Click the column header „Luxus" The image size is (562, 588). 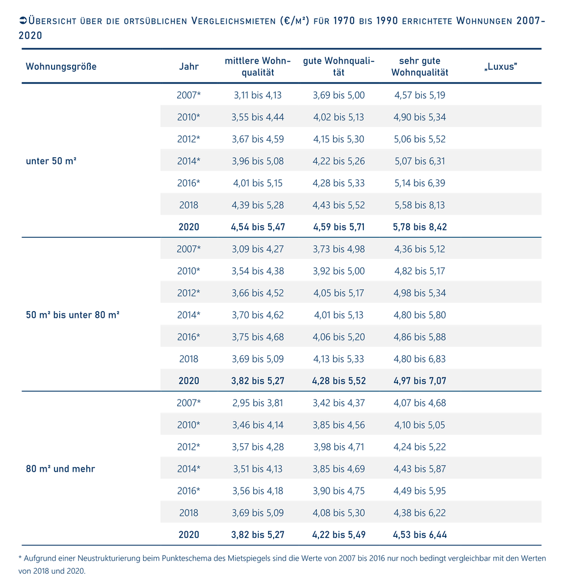[x=501, y=66]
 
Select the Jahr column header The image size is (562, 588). [x=188, y=66]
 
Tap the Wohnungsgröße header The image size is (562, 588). [x=61, y=66]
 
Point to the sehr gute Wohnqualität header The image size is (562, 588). [x=420, y=66]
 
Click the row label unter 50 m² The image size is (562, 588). [x=51, y=161]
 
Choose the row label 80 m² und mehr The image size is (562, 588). [x=60, y=469]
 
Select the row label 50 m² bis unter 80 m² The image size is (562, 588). [x=73, y=314]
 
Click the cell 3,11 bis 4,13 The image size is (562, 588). [x=258, y=95]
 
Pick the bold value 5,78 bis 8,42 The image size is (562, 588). [x=420, y=227]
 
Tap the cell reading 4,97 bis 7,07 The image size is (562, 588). [x=420, y=381]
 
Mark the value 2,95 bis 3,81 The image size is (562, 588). [x=258, y=403]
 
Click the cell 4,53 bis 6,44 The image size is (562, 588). [x=420, y=535]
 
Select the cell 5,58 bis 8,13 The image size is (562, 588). [x=420, y=205]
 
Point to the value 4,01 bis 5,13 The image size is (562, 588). [x=339, y=315]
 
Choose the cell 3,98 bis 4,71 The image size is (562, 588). [x=339, y=447]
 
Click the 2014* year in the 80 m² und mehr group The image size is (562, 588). [x=188, y=469]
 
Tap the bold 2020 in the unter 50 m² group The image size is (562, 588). [x=188, y=227]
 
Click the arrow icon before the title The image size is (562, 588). [x=23, y=20]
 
